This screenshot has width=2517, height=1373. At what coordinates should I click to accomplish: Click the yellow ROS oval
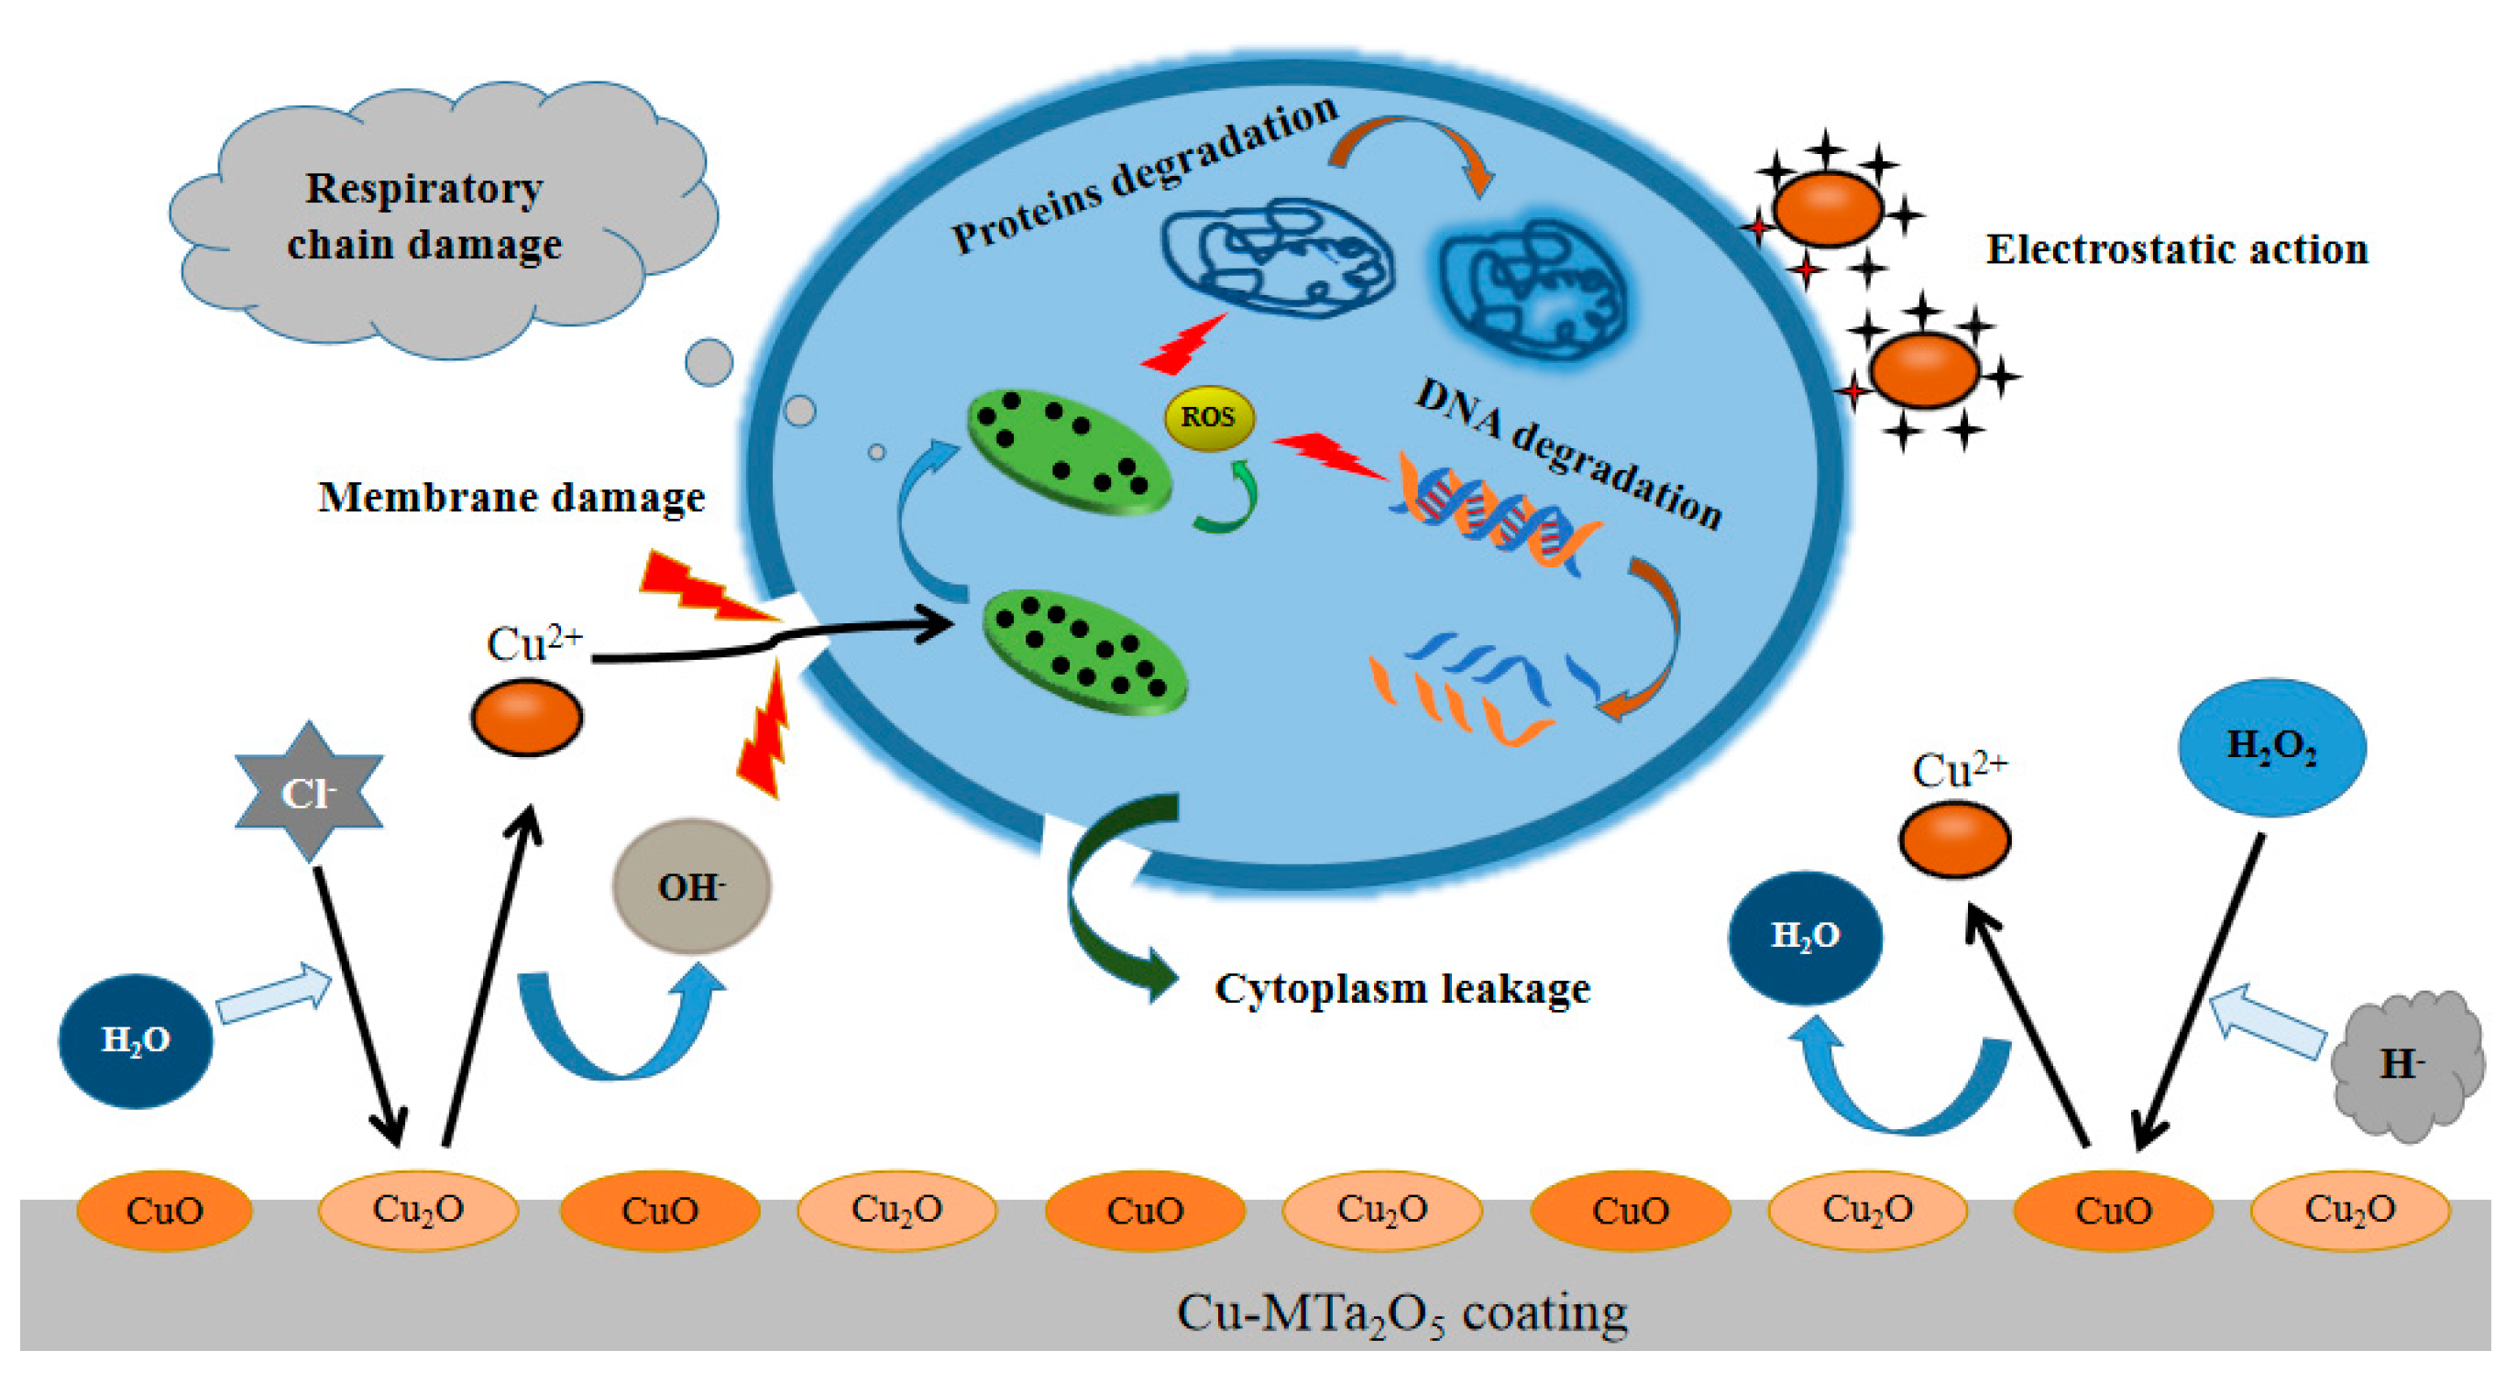point(1209,417)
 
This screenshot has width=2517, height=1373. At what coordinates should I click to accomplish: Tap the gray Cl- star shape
point(309,793)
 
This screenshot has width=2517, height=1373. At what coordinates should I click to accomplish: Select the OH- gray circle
point(691,886)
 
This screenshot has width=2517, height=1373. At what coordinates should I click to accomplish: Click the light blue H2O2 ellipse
point(2270,747)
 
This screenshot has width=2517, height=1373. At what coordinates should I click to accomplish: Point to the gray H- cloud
point(2405,1064)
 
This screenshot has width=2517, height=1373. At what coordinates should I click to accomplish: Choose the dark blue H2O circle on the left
point(136,1039)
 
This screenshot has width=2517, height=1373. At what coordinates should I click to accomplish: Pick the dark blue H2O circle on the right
point(1805,936)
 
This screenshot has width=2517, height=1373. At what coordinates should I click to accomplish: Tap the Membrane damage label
point(511,498)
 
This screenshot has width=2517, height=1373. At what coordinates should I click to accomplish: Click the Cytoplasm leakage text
point(1401,989)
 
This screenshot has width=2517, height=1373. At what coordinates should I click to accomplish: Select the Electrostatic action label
point(2177,249)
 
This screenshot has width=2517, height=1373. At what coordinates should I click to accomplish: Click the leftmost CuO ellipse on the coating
point(164,1210)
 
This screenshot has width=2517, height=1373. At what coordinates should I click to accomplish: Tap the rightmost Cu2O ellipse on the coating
point(2349,1210)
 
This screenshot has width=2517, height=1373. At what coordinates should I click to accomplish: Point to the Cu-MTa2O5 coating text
point(1401,1313)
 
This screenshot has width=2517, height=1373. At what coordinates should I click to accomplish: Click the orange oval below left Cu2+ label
point(527,718)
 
